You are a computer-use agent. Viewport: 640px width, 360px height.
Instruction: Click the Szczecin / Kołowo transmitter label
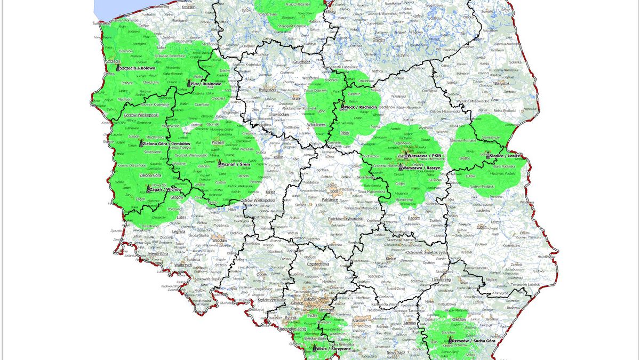coord(138,68)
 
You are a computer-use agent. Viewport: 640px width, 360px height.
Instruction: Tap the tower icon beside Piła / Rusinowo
coord(190,82)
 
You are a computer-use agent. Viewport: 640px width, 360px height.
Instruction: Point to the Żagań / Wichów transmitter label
coord(167,189)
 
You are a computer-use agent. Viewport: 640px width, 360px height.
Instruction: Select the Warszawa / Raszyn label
coord(423,168)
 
